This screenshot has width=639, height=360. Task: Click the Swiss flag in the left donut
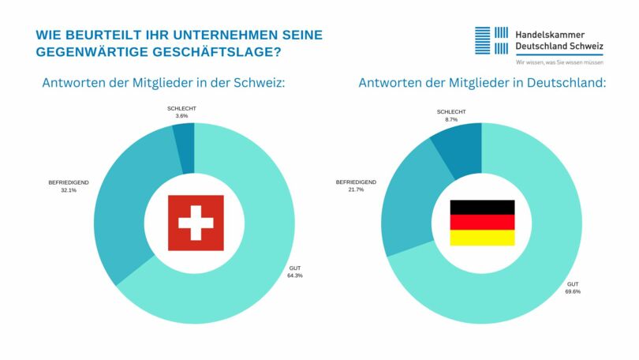coord(196,223)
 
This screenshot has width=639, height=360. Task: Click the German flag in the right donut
coord(481,223)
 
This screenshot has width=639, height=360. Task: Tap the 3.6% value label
coord(181,116)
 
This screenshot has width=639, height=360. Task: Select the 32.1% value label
coord(68,190)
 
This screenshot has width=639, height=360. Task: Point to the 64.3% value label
coord(295,276)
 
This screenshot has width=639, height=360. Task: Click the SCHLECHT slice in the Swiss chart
coord(184,147)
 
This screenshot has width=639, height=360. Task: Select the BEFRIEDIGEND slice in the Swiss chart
coord(130,201)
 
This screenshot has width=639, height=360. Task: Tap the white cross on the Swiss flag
coord(196,223)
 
